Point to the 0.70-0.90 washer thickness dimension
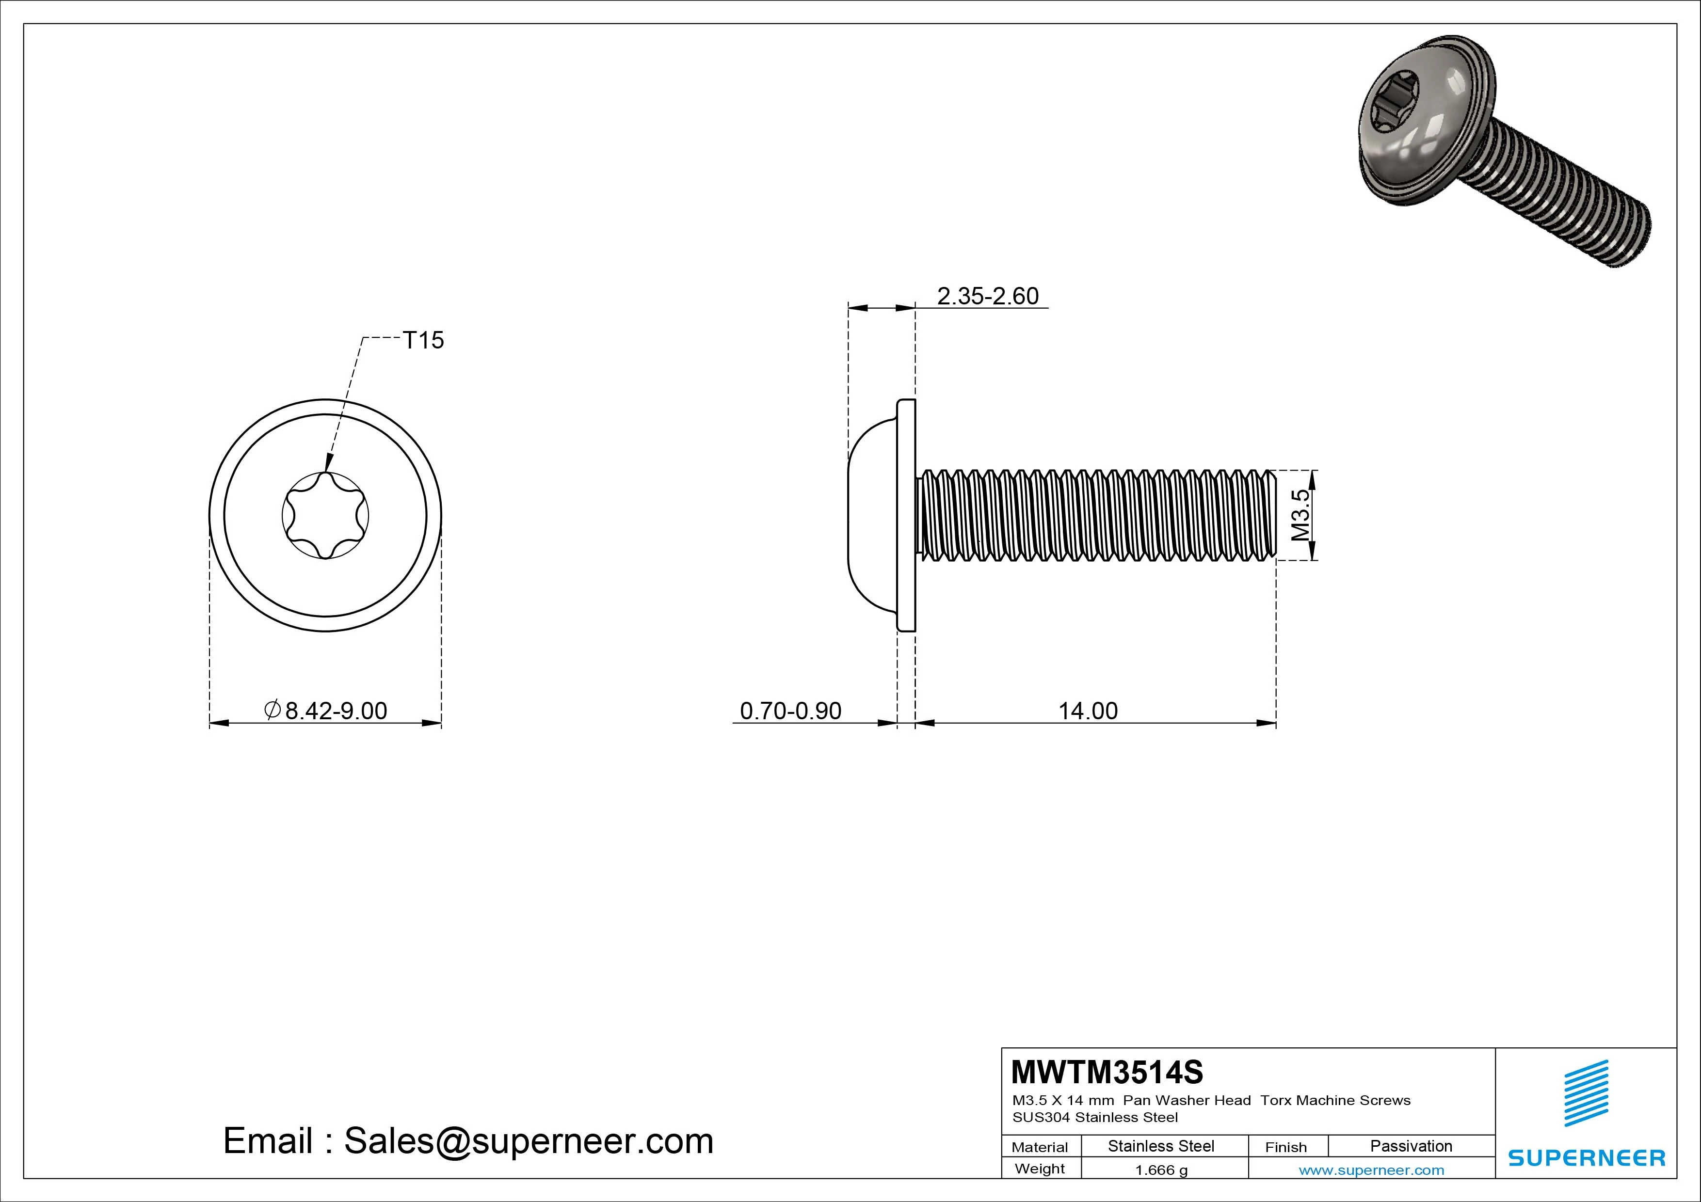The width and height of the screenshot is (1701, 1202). [790, 711]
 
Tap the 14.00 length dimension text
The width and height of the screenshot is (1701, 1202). [1088, 711]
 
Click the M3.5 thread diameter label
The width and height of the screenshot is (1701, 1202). [1301, 515]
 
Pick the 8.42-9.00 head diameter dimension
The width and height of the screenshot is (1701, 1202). [327, 711]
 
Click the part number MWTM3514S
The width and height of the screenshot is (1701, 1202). [1107, 1072]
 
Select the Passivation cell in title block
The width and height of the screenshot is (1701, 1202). [1411, 1146]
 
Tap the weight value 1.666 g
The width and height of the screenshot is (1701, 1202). [1161, 1170]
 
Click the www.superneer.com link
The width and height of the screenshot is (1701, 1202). [1371, 1170]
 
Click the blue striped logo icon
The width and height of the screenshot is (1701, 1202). [1586, 1092]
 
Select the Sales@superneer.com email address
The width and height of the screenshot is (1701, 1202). [528, 1141]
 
